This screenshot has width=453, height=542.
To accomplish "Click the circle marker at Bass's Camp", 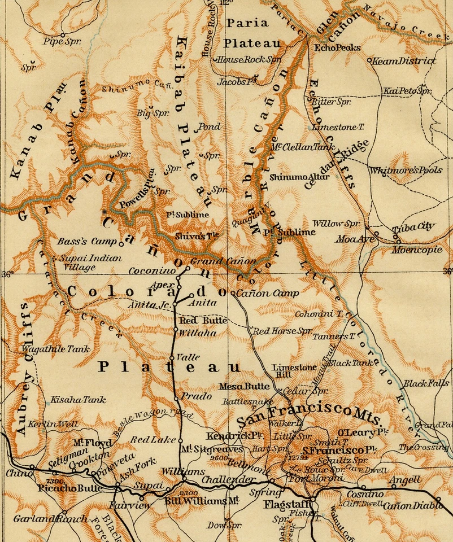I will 121,244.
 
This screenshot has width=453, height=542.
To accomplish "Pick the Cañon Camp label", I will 267,294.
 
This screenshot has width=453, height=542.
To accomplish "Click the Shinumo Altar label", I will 292,177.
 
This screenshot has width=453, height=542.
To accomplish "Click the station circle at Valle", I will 172,357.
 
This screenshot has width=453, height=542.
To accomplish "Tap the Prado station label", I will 196,396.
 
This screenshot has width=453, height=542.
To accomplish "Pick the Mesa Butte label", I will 245,387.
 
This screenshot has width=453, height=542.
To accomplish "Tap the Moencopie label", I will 413,250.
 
